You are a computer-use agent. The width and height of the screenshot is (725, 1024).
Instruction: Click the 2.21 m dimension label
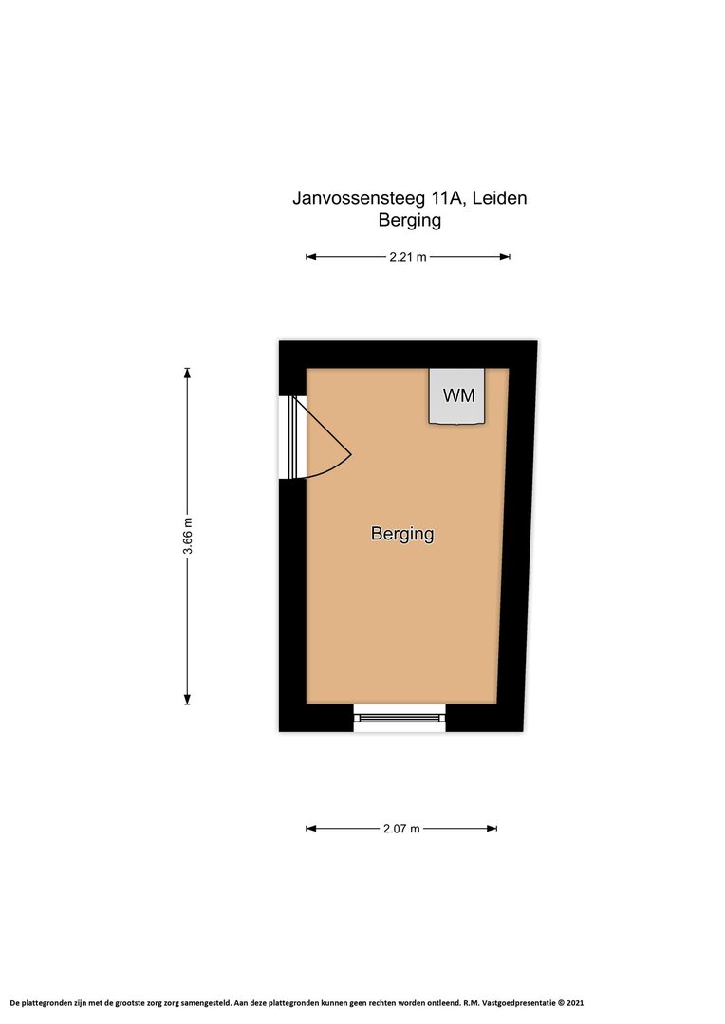point(408,257)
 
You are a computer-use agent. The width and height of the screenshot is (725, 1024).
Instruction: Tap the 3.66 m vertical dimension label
point(188,536)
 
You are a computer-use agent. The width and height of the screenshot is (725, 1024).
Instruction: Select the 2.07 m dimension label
point(401,829)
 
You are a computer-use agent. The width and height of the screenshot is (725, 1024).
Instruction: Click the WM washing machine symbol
point(457,396)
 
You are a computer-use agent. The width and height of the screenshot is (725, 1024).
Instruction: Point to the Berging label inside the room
point(402,534)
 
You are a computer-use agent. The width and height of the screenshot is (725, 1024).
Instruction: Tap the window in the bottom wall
point(400,718)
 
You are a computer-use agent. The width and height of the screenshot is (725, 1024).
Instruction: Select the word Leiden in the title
point(500,198)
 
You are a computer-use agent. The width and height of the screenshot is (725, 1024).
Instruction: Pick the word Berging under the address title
point(410,220)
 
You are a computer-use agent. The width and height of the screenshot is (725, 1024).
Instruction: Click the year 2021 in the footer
point(575,1002)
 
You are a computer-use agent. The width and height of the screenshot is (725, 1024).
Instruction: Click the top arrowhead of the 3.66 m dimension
point(188,374)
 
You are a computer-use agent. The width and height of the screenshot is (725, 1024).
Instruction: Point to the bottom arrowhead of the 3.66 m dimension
point(188,700)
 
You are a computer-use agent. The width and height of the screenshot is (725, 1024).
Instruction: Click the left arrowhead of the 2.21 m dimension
point(311,257)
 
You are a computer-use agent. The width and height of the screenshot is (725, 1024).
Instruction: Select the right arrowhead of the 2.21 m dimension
point(505,257)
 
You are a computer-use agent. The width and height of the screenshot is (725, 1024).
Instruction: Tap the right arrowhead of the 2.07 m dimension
point(493,829)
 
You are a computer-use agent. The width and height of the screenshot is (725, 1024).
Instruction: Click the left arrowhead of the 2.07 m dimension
point(311,829)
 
